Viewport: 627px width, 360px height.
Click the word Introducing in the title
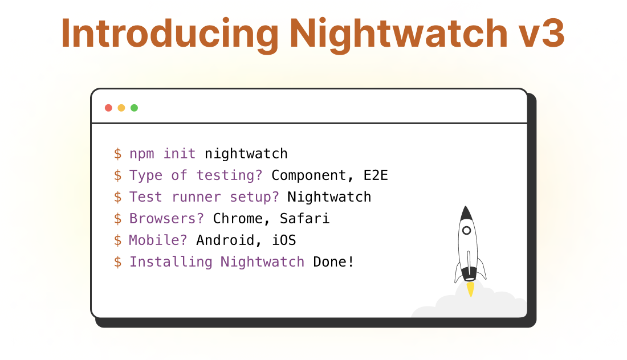170,34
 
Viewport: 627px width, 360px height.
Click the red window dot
108,108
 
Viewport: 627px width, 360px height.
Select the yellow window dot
121,108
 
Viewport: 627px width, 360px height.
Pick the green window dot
135,108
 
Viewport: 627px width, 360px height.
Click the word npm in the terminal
141,154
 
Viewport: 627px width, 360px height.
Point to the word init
179,153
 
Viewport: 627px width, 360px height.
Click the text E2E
376,175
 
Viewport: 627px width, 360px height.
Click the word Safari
304,219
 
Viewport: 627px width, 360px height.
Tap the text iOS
284,240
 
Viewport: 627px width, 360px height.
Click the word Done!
333,261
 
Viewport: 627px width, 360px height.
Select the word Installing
171,262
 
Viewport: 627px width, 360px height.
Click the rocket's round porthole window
466,231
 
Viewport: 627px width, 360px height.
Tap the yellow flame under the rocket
471,289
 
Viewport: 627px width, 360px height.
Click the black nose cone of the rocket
466,214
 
